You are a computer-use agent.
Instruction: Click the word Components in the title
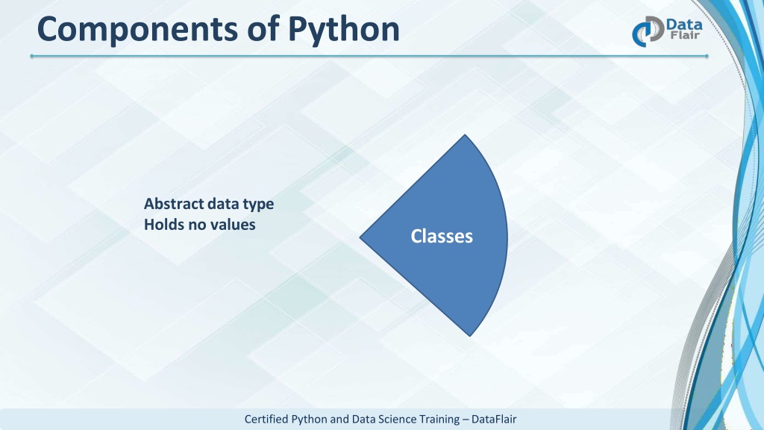(138, 30)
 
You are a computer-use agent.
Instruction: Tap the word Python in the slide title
(343, 30)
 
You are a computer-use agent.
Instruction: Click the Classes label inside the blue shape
(442, 237)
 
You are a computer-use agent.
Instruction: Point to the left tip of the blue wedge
(360, 237)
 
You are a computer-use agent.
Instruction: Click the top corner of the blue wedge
(465, 134)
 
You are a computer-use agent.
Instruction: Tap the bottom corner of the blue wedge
(470, 336)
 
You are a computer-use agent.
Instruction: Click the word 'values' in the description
(232, 224)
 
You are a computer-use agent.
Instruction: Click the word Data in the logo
(684, 25)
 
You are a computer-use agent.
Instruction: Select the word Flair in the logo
(685, 36)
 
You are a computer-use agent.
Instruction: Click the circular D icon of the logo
(648, 31)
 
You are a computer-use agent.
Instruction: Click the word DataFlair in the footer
(494, 420)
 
